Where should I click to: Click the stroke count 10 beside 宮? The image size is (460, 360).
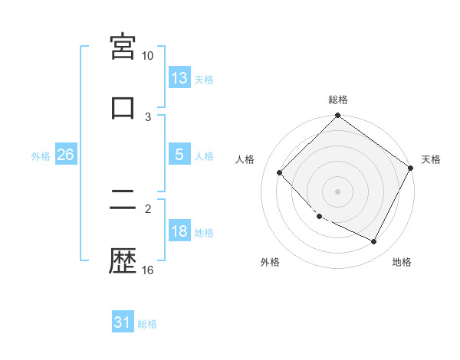tap(148, 56)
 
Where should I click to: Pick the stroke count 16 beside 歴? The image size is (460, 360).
tap(148, 270)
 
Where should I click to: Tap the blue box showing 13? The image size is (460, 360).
tap(179, 77)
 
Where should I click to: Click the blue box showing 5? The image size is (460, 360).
tap(179, 155)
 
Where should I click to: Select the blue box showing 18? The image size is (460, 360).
tap(179, 232)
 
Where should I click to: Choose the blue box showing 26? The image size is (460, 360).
tap(65, 155)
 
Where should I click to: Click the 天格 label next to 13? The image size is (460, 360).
tap(204, 79)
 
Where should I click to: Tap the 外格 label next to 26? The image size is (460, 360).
tap(41, 156)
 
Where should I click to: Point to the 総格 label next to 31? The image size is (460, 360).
tap(147, 324)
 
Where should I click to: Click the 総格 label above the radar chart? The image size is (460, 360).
tap(338, 100)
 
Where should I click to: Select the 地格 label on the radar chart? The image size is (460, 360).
tap(402, 262)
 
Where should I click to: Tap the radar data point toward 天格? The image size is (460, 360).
tap(410, 168)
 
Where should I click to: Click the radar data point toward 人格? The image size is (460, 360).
tap(280, 172)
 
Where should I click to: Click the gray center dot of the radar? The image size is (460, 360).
tap(338, 191)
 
